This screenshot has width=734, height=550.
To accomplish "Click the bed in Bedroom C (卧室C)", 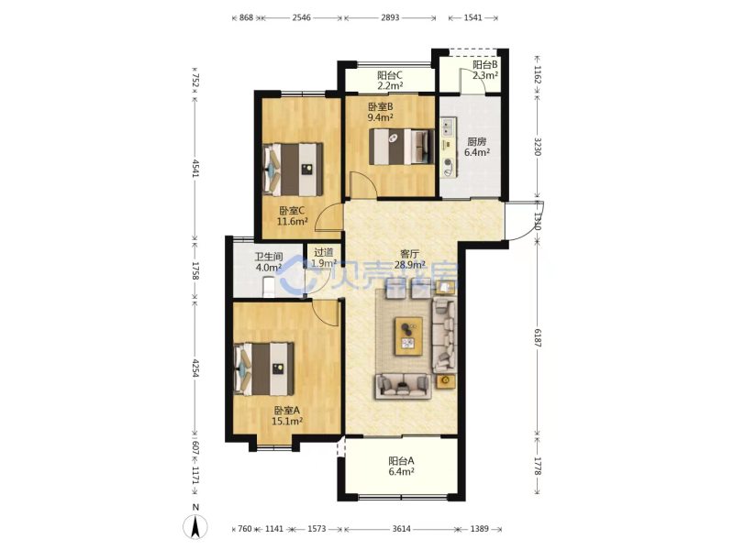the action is pos(294,170).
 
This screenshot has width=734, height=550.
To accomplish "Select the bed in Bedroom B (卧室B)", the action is pos(402,147).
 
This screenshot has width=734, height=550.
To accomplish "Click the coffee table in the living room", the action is pos(408,336).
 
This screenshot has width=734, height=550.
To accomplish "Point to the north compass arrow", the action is pos(195,525).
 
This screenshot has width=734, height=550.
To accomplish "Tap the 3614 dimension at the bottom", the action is pos(401,529).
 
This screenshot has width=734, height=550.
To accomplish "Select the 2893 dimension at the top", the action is pos(390,17).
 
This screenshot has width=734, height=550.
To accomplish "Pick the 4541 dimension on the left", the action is pos(195,168).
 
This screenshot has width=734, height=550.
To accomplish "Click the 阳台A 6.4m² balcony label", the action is pos(401,467).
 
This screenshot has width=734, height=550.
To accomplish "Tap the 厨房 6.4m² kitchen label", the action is pos(477,147).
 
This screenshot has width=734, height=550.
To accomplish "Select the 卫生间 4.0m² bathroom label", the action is pos(269,262).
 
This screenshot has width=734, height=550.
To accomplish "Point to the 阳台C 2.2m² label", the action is pos(391,80).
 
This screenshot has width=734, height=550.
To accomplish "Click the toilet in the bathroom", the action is pos(269,287).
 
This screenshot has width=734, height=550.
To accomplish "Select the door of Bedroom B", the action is pos(363,186).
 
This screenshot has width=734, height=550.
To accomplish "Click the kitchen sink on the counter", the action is pos(448,126).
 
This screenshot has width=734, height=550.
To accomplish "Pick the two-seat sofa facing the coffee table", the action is pos(403,386).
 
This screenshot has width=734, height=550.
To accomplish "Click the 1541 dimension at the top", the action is pos(473,17).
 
